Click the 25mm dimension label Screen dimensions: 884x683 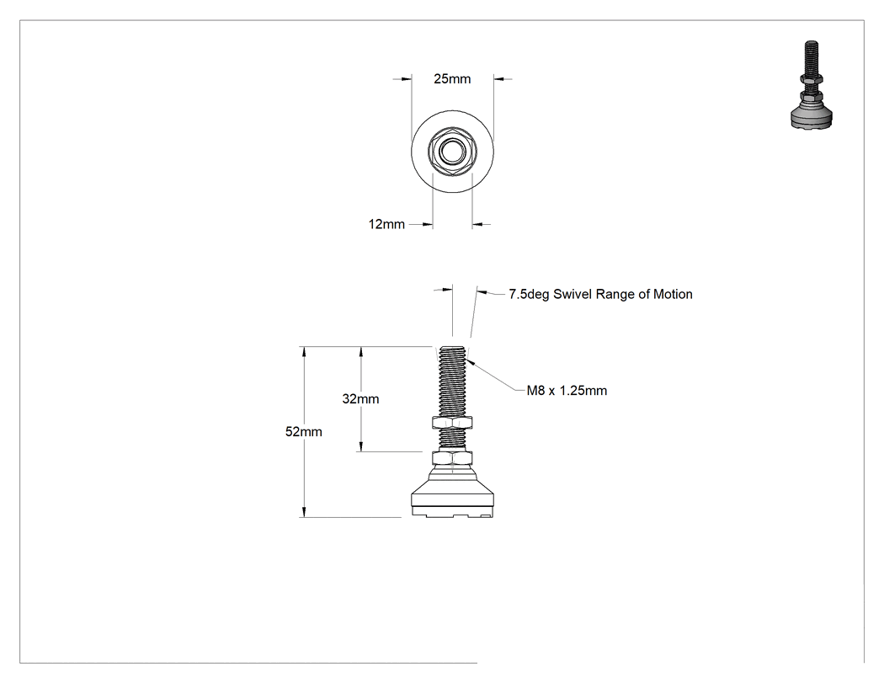[452, 79]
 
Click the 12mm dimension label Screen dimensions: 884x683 [386, 225]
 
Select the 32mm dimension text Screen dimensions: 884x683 [361, 399]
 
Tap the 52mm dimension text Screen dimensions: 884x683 [304, 432]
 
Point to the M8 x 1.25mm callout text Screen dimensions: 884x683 [567, 391]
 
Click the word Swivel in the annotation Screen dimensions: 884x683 [572, 295]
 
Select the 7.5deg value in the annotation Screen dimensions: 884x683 [529, 295]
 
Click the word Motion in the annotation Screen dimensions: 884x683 [674, 295]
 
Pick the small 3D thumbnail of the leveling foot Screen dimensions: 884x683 [812, 84]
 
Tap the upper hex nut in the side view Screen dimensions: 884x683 [451, 422]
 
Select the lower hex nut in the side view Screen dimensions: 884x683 [451, 458]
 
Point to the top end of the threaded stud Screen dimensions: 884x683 [452, 348]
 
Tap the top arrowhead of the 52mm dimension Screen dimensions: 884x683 [304, 351]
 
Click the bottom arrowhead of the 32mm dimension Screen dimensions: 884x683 [361, 446]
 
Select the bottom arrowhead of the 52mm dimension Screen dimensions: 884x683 [304, 512]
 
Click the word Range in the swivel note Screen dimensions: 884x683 [615, 295]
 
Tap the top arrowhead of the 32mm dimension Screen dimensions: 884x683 [361, 351]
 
